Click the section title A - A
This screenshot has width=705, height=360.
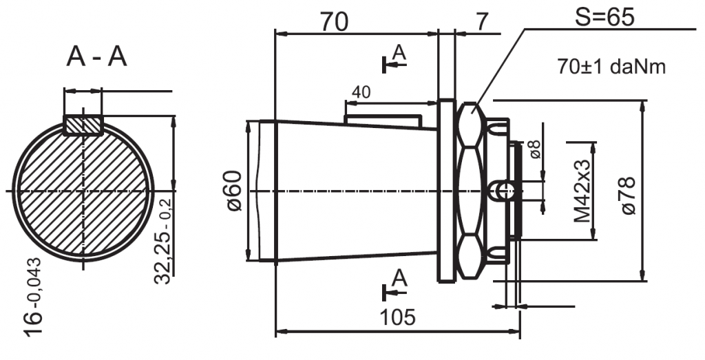point(97,58)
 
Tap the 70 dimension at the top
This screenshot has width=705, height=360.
point(334,22)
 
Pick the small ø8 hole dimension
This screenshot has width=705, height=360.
point(536,151)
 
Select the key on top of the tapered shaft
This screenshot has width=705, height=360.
point(382,120)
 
